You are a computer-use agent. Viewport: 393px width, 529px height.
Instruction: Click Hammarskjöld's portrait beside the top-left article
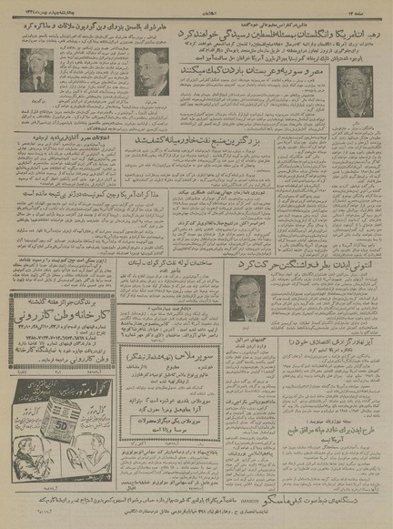150,73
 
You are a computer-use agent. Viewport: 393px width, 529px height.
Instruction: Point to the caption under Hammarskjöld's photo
150,100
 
